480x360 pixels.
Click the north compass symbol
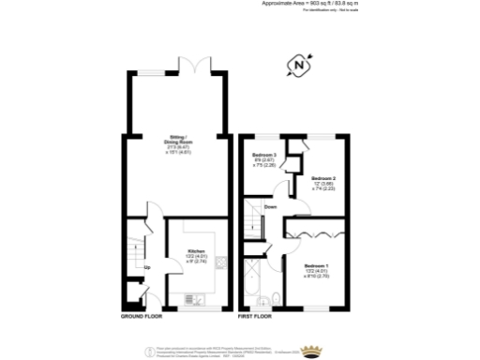click(x=298, y=67)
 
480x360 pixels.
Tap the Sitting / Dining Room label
click(x=178, y=141)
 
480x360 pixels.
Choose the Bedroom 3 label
click(x=264, y=157)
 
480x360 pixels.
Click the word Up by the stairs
click(x=147, y=268)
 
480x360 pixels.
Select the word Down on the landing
click(x=270, y=206)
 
